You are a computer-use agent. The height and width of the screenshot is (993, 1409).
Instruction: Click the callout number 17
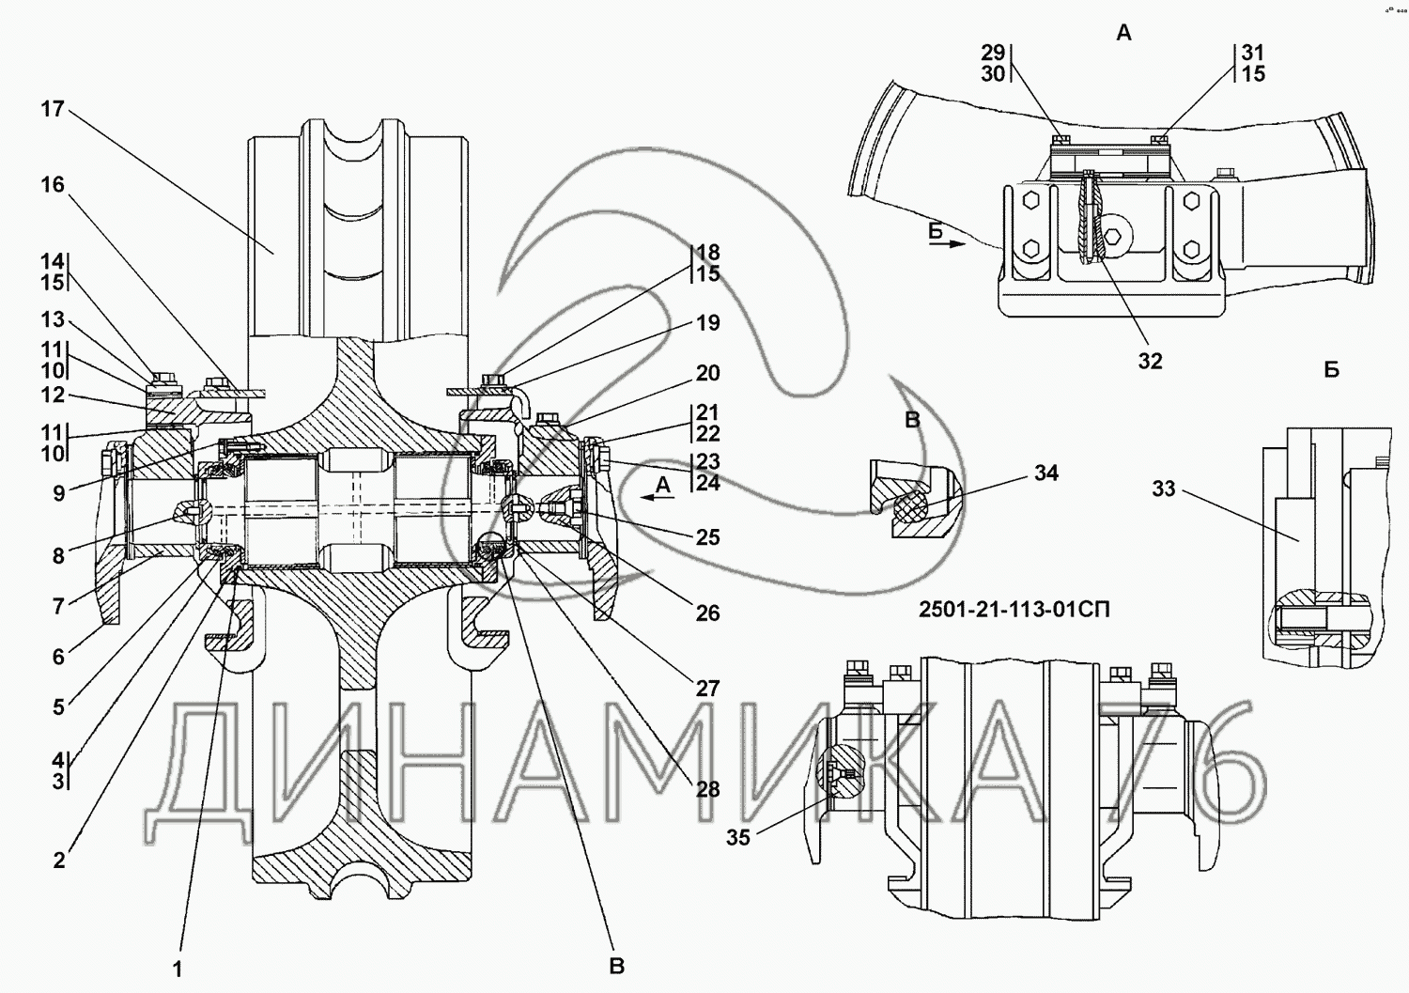[x=53, y=110]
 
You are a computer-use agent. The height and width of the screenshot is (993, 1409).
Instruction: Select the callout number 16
[x=53, y=185]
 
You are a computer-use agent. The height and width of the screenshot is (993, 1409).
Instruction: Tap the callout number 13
[x=53, y=319]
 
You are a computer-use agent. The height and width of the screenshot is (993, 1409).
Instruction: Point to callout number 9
[x=58, y=493]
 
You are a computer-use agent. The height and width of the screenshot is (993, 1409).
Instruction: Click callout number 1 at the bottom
[x=178, y=970]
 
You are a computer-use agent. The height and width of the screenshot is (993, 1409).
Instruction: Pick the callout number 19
[x=707, y=323]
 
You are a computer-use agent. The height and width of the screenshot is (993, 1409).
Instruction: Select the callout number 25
[x=707, y=537]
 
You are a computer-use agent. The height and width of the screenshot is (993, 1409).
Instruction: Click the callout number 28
[x=707, y=789]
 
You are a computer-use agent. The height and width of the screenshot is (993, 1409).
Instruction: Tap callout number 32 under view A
[x=1151, y=361]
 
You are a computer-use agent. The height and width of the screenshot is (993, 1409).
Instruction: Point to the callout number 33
[x=1164, y=489]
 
